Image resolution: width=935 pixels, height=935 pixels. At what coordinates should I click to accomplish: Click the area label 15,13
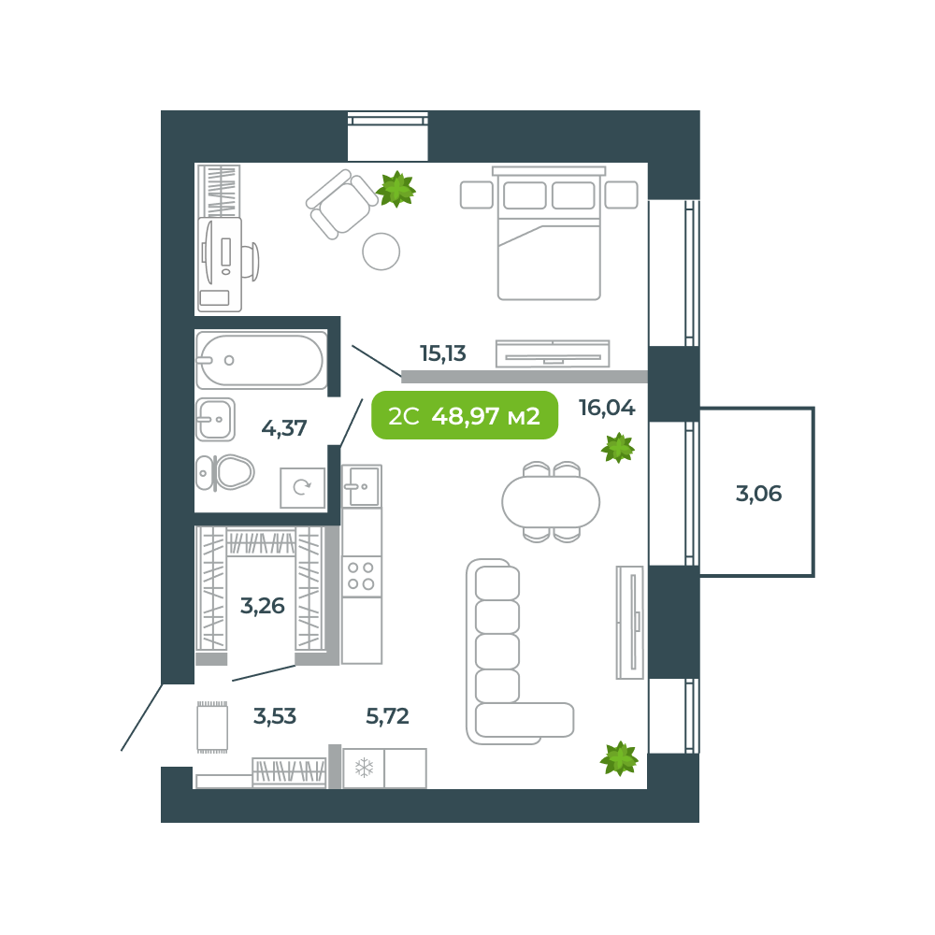click(x=442, y=353)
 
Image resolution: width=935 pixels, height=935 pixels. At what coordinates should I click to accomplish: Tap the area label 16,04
click(x=607, y=408)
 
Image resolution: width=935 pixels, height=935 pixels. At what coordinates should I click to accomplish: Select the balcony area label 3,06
click(x=758, y=494)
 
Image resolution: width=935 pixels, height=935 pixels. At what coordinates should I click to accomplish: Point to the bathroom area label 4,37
click(x=284, y=429)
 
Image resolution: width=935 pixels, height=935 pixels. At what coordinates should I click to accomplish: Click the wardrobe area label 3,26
click(x=262, y=606)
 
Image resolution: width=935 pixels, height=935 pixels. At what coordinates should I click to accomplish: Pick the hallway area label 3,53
click(x=275, y=717)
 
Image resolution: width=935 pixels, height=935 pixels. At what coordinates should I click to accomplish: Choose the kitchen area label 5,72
click(x=387, y=717)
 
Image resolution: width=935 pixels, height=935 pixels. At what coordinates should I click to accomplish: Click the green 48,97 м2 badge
click(x=465, y=416)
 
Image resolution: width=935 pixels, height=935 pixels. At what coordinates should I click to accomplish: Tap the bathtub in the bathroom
click(x=262, y=360)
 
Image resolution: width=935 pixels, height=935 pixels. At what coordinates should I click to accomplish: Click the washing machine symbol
click(x=302, y=487)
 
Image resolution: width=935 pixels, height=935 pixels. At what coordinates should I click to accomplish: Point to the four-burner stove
click(x=361, y=576)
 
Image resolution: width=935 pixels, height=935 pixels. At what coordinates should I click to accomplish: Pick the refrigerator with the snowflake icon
click(x=364, y=769)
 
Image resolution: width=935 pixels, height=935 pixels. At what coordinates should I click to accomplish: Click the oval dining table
click(x=551, y=502)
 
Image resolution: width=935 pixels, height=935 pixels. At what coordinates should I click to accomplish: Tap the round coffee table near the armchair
click(x=381, y=252)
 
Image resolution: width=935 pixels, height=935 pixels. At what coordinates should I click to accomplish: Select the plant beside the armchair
click(x=396, y=189)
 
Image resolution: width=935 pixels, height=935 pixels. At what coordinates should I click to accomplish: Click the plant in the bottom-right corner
click(x=619, y=758)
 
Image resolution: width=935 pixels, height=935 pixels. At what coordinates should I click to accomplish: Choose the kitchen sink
click(x=362, y=486)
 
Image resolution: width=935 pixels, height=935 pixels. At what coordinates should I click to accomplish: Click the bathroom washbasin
click(x=215, y=420)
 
